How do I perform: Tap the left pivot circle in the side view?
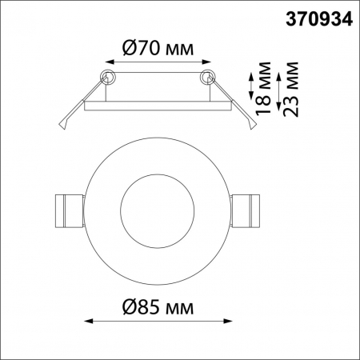point(106,77)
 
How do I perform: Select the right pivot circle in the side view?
point(209,78)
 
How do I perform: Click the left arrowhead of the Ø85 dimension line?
point(88,322)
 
